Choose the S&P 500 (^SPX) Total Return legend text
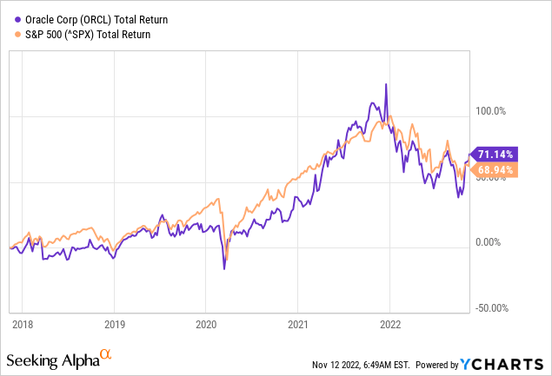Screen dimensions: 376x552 pos(89,34)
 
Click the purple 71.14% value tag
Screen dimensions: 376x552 pos(497,155)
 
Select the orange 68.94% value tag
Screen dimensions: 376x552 pos(497,170)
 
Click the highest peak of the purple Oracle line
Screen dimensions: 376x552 pos(385,84)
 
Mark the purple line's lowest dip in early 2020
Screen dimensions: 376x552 pos(224,269)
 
